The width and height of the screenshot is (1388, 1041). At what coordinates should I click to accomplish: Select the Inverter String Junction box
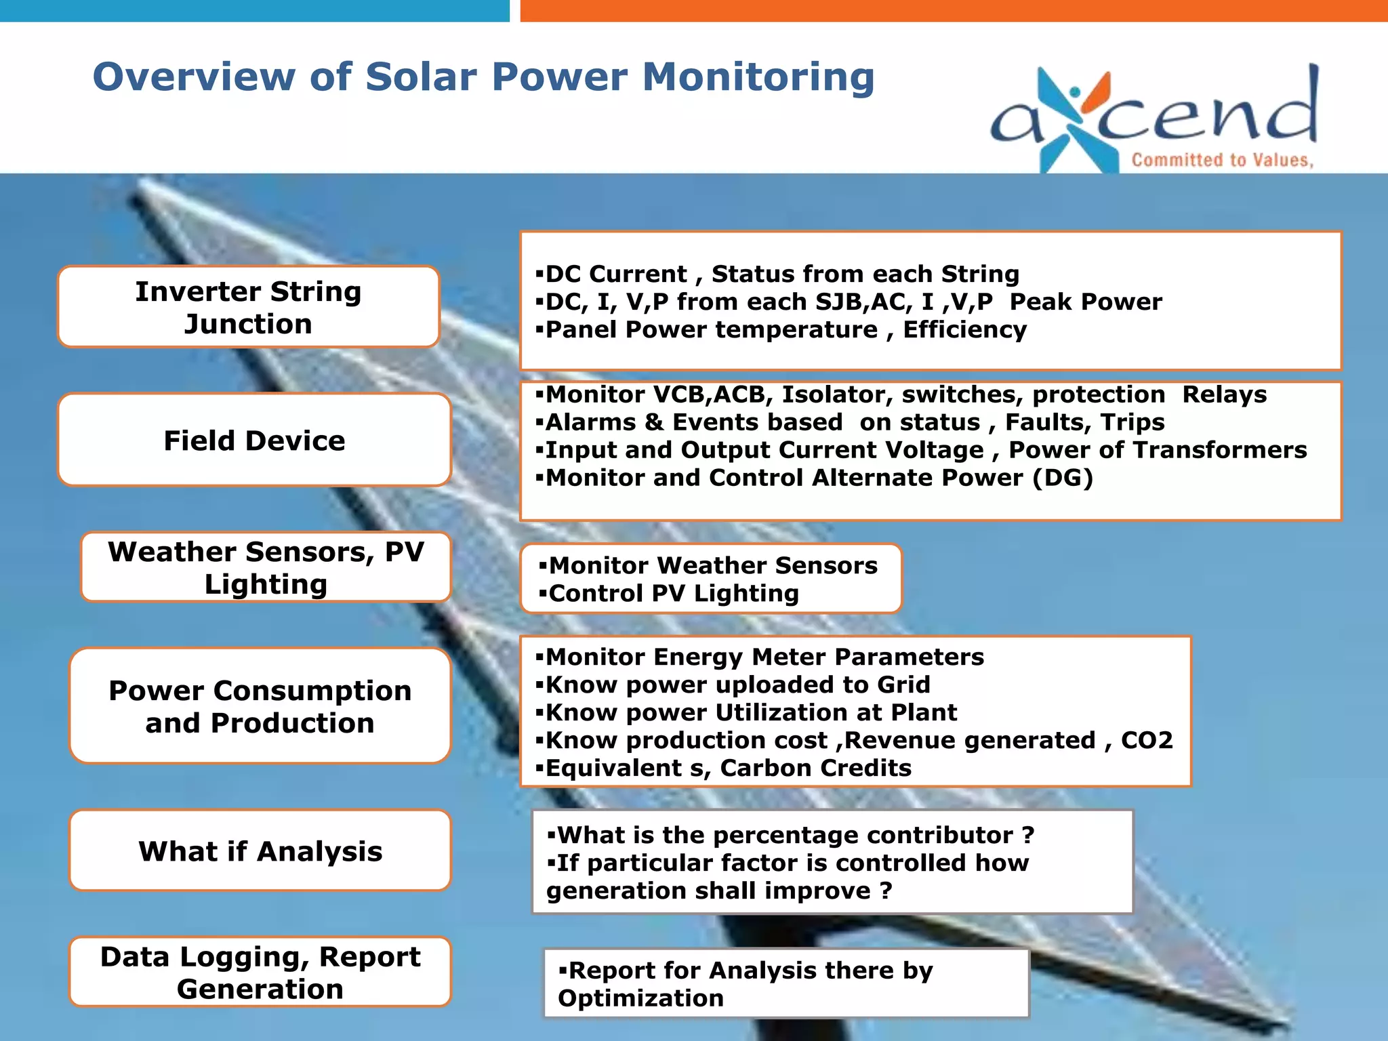click(x=248, y=307)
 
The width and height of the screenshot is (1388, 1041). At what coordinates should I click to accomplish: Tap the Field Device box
click(x=254, y=440)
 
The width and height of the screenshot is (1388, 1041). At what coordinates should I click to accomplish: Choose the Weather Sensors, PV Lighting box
click(x=266, y=567)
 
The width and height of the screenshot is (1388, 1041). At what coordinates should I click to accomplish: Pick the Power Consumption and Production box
click(x=260, y=706)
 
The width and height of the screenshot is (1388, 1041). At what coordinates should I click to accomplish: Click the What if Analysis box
click(x=260, y=851)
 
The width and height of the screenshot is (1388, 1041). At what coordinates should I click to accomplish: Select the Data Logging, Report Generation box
click(x=260, y=972)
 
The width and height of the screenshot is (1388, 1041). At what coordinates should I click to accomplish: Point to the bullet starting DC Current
click(x=779, y=274)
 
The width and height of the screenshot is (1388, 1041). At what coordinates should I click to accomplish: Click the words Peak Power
click(x=1085, y=302)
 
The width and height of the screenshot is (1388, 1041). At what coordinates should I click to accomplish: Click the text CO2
click(x=1146, y=740)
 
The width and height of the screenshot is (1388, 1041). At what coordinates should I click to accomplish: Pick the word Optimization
click(x=640, y=998)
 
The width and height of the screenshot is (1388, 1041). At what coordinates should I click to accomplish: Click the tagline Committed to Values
click(x=1222, y=160)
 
